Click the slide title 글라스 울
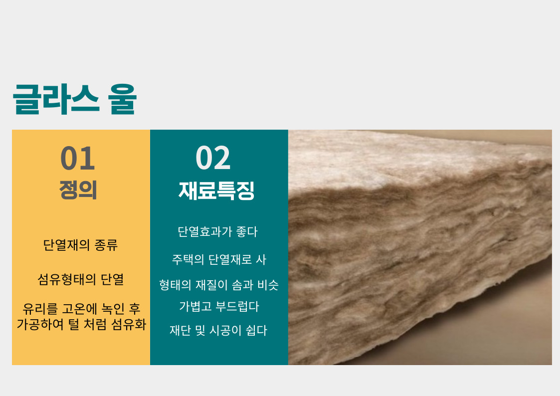[x=75, y=99]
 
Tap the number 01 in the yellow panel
[x=78, y=159]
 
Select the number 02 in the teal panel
[x=213, y=158]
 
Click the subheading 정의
[x=78, y=190]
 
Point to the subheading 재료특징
[x=216, y=191]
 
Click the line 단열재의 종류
[x=80, y=245]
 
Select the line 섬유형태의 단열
[x=81, y=279]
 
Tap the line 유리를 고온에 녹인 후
[x=81, y=309]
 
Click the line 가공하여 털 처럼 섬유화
[x=81, y=324]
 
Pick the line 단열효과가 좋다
[x=217, y=232]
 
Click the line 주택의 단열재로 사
[x=219, y=260]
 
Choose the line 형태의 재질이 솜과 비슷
[x=218, y=285]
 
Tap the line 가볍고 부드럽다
[x=219, y=306]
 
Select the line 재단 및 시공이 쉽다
[x=218, y=330]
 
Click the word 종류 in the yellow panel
[x=106, y=245]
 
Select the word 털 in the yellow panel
[x=73, y=324]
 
